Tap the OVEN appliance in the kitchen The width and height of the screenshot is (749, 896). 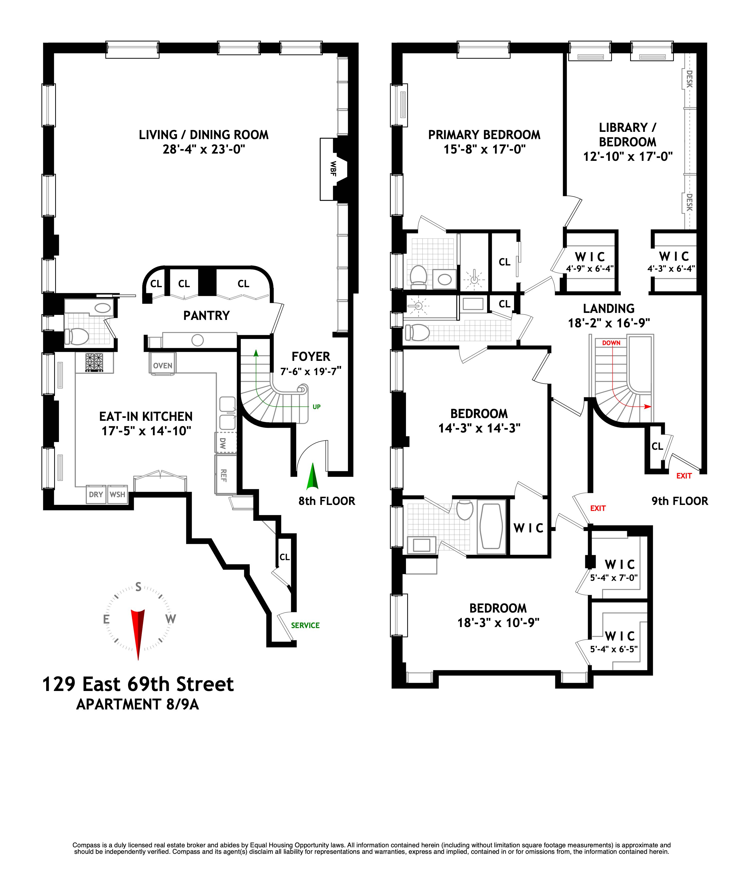coord(163,366)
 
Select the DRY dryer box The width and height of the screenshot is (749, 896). coord(96,494)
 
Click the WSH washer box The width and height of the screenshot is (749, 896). coord(117,494)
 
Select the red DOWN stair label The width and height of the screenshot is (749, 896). coord(611,343)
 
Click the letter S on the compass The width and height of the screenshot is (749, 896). coord(138,587)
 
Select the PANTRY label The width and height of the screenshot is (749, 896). coord(206,315)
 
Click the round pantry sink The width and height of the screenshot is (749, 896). coord(197,340)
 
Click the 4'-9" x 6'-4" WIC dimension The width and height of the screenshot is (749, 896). coord(590,268)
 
